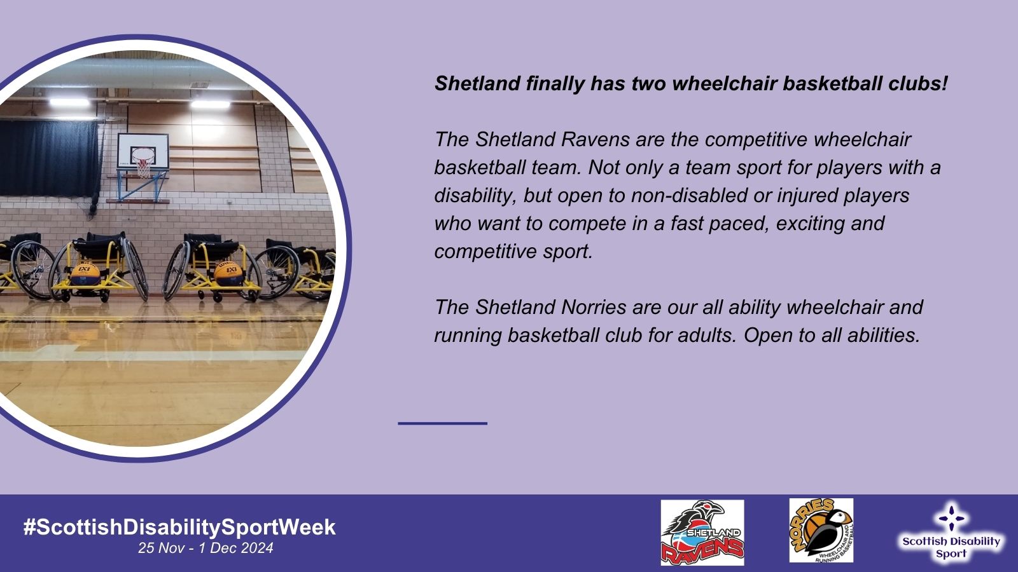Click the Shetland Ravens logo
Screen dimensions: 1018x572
pyautogui.click(x=702, y=532)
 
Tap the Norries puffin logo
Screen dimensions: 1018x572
pyautogui.click(x=821, y=530)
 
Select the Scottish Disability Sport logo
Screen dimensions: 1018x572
pyautogui.click(x=951, y=532)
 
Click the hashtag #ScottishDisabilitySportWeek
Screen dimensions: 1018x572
pyautogui.click(x=179, y=528)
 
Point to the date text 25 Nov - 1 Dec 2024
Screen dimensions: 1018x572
pyautogui.click(x=206, y=548)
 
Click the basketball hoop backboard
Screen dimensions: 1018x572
pyautogui.click(x=143, y=152)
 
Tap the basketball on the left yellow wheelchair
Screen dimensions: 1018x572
pyautogui.click(x=85, y=274)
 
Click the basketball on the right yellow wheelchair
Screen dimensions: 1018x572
pyautogui.click(x=228, y=274)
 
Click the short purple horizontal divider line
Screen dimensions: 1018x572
pyautogui.click(x=443, y=423)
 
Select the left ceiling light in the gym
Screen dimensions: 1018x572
pyautogui.click(x=69, y=102)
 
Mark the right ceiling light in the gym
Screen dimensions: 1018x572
pyautogui.click(x=211, y=104)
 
